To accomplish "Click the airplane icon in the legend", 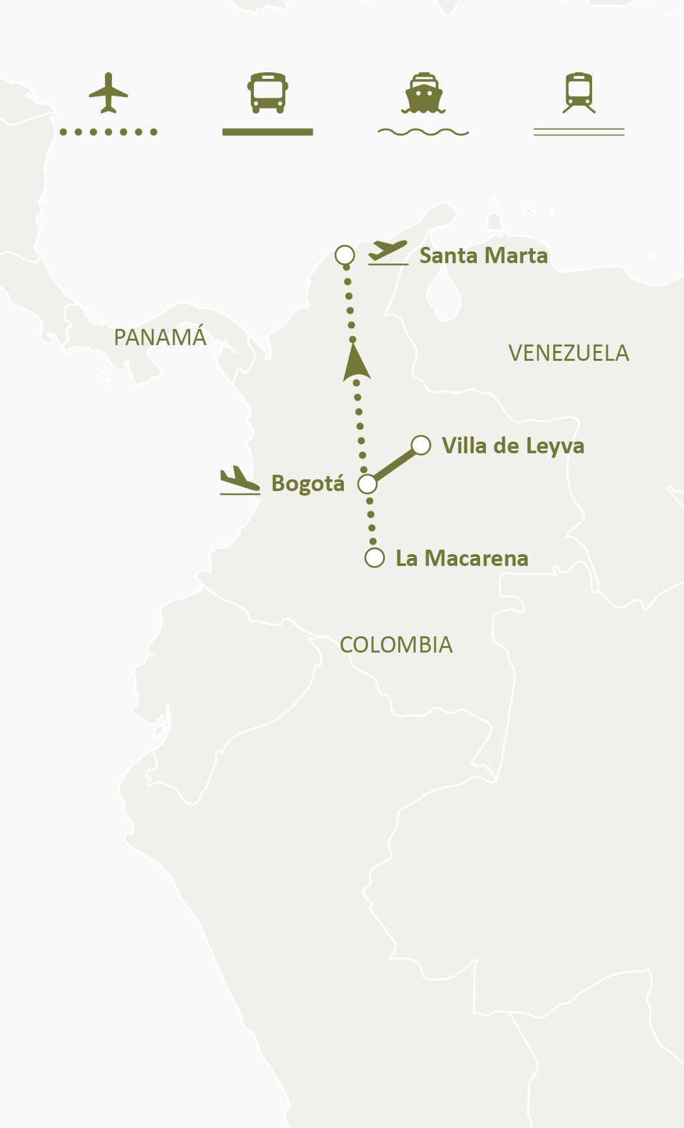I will (108, 93).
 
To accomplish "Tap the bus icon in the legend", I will (268, 92).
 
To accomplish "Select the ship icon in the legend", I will (423, 93).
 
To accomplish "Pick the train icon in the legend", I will (579, 93).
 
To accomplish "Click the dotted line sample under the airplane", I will (108, 132).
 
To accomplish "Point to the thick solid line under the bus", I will (268, 132).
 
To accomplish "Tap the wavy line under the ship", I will (423, 132).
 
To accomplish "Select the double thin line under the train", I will (579, 132).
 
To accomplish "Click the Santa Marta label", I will (483, 256).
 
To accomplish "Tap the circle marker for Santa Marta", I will (345, 255).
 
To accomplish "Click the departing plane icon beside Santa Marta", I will (388, 253).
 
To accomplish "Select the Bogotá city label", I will (307, 484).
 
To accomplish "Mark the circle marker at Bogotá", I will (367, 484).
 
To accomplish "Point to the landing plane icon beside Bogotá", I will (240, 481).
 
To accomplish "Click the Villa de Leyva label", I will (513, 446).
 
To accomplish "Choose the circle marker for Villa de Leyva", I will (421, 445).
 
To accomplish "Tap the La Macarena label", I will (462, 559).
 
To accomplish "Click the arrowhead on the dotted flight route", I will (356, 363).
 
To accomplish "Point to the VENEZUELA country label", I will (569, 354).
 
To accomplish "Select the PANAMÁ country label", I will (160, 338).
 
